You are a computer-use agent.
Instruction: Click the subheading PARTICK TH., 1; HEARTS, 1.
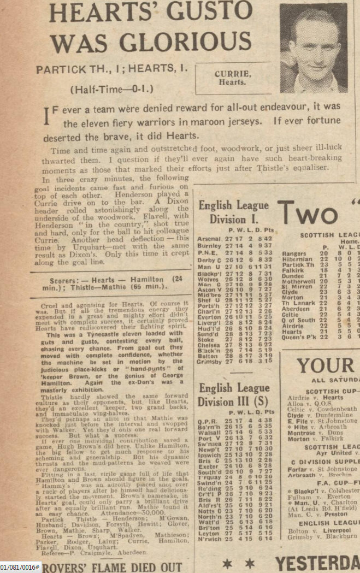[x=112, y=70]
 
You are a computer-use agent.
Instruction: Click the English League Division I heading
[x=233, y=212]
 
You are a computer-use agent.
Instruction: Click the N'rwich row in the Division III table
[x=210, y=538]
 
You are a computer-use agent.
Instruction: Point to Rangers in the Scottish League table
[x=294, y=253]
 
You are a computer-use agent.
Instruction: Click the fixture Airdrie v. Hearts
[x=313, y=398]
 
